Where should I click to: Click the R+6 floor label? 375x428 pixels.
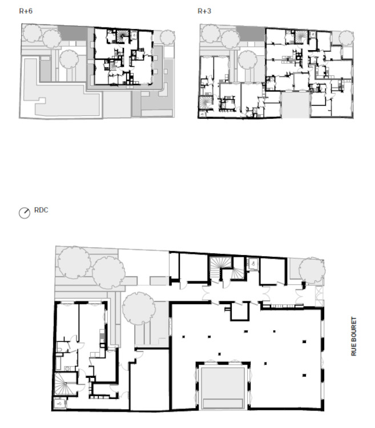[26, 11]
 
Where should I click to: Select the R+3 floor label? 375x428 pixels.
[204, 11]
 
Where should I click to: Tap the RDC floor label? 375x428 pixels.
[41, 210]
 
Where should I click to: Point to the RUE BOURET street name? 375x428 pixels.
[354, 336]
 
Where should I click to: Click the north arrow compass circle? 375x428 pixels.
[25, 213]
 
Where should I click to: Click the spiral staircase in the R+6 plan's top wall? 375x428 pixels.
[123, 36]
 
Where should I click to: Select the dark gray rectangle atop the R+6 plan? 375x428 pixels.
[72, 33]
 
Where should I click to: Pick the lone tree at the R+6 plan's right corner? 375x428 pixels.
[167, 37]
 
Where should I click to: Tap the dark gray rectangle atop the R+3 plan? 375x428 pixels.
[251, 33]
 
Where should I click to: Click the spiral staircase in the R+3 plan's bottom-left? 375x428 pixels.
[205, 103]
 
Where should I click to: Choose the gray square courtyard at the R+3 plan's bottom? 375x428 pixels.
[295, 105]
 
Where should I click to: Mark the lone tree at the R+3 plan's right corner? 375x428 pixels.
[346, 38]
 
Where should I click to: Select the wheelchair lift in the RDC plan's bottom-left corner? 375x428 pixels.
[59, 403]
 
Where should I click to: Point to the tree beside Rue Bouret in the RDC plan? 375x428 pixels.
[312, 270]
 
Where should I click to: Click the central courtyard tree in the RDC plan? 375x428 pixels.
[139, 308]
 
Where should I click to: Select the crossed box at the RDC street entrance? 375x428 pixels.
[319, 296]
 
